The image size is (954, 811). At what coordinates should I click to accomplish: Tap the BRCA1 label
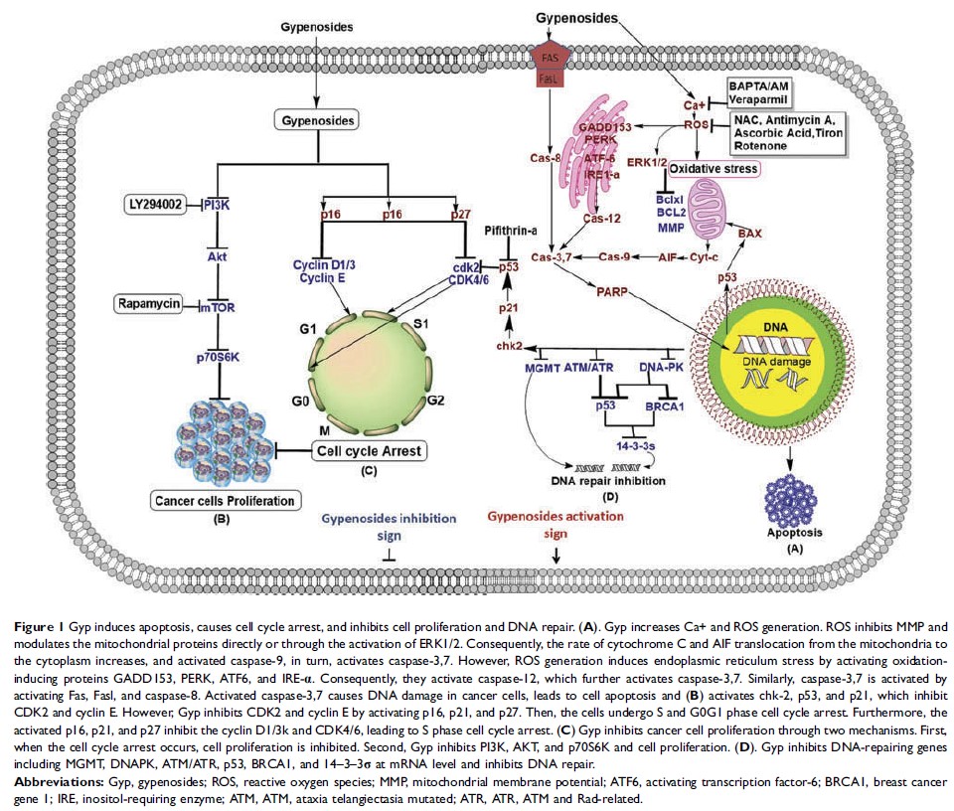pyautogui.click(x=667, y=405)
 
